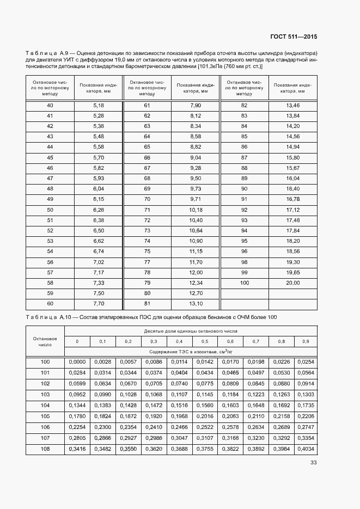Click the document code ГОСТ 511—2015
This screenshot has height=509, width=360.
(x=294, y=37)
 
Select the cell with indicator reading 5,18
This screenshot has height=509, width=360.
(x=98, y=105)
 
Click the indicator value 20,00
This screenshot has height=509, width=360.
(x=292, y=283)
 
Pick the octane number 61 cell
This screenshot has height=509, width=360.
(x=147, y=105)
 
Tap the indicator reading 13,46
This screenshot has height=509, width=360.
(x=292, y=105)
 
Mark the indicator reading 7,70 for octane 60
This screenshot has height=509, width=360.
(x=98, y=303)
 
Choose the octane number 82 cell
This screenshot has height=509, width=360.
(x=244, y=105)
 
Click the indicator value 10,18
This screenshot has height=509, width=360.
(x=196, y=210)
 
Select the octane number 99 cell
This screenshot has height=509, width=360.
(x=244, y=272)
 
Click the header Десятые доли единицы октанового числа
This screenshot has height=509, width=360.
(x=191, y=330)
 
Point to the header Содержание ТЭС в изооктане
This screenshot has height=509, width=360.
(x=191, y=352)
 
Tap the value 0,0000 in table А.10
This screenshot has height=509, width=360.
(x=77, y=362)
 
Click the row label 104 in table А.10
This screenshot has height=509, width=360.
(x=45, y=406)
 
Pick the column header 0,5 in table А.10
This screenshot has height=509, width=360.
(x=205, y=341)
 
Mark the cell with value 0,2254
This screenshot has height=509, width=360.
(x=77, y=427)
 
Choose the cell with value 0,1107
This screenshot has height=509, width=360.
(x=179, y=395)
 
